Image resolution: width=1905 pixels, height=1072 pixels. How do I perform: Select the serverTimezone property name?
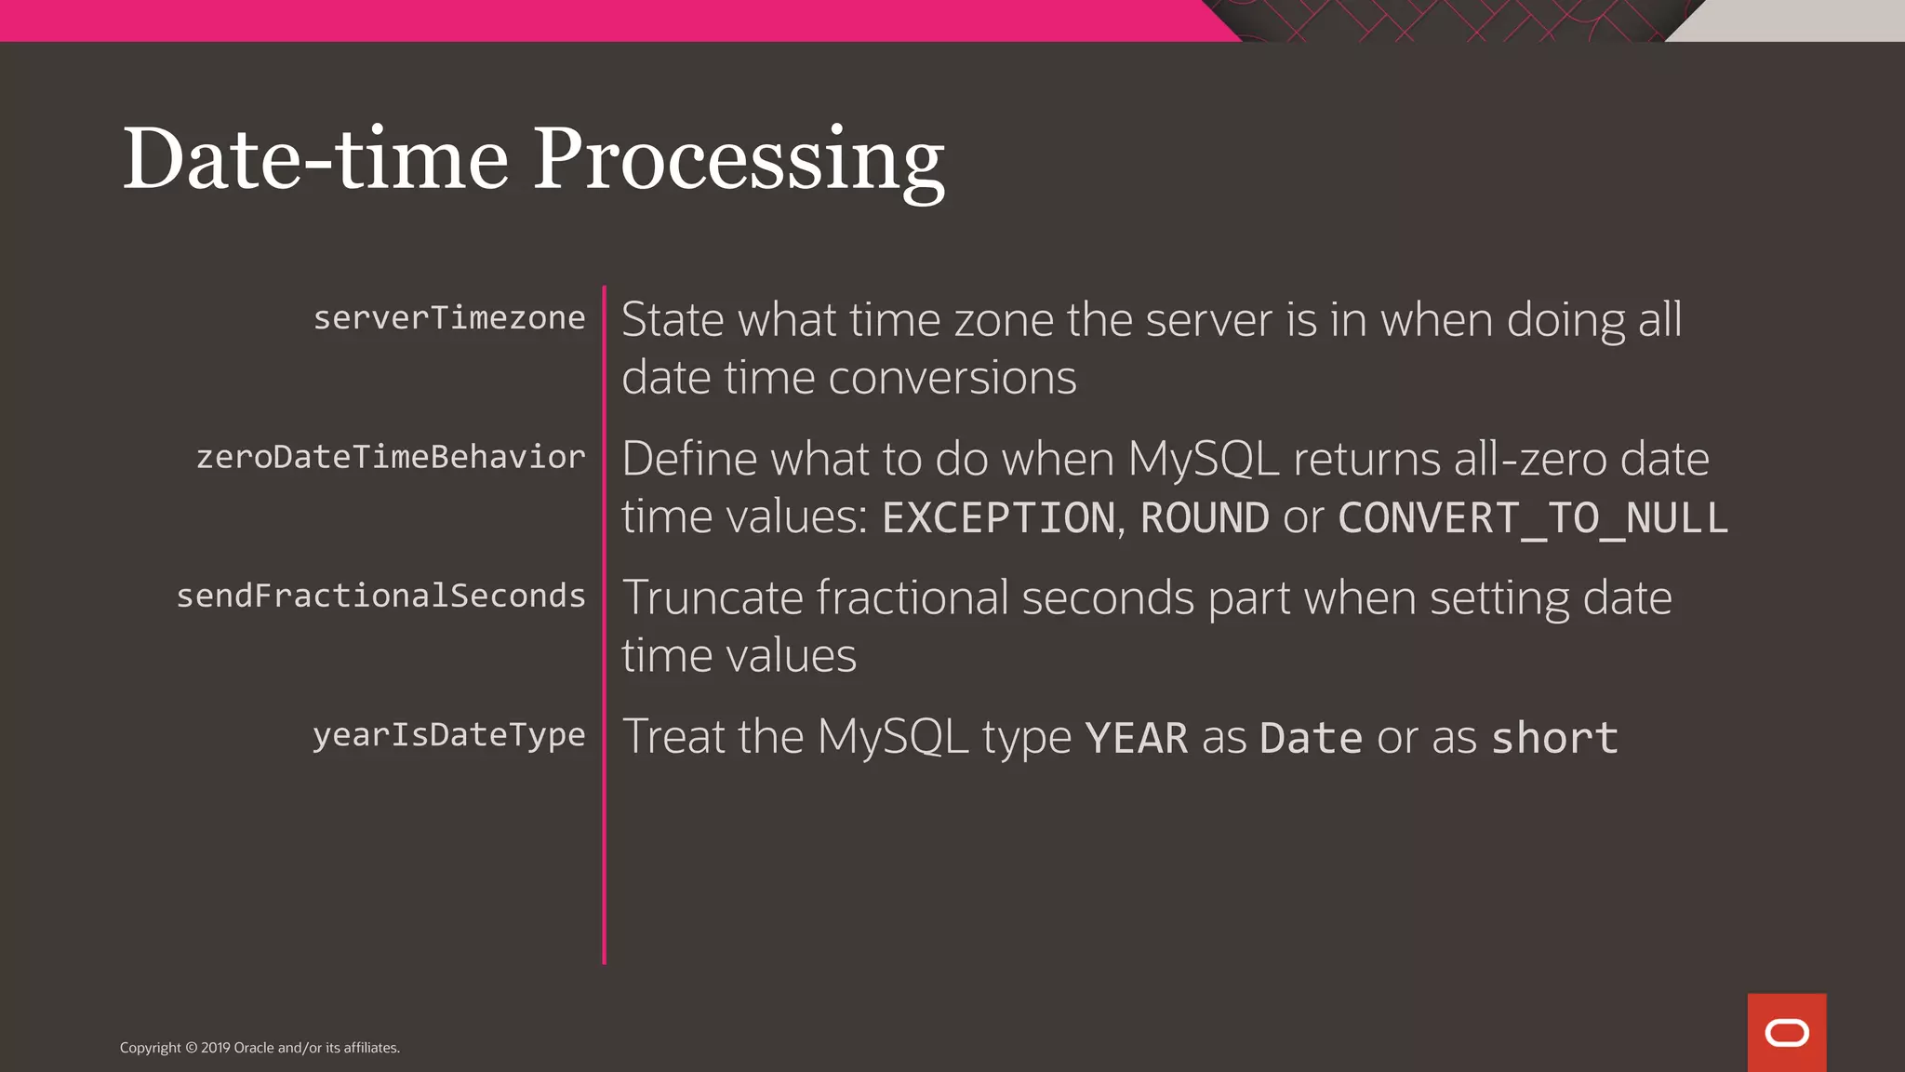click(449, 318)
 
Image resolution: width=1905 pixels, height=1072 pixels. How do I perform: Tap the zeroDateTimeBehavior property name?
click(391, 457)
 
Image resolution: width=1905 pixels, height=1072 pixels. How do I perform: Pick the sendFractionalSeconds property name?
click(380, 596)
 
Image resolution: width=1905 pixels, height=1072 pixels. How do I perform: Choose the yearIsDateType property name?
click(449, 735)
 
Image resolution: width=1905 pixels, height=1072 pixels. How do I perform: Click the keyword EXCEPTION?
click(998, 518)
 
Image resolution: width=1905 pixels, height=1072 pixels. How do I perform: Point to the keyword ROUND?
click(1205, 518)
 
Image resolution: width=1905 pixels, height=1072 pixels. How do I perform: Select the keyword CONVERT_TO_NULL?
click(1532, 518)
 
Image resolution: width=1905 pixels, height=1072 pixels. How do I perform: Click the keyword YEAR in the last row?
click(1136, 739)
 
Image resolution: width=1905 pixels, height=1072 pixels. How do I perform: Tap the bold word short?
click(1554, 739)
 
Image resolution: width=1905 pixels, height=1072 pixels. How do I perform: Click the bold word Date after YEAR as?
click(1311, 739)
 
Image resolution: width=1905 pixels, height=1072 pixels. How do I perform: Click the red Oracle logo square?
click(1786, 1032)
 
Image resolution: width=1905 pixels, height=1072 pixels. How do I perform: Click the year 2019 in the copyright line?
click(215, 1048)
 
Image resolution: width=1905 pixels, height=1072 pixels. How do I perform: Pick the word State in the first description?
click(672, 320)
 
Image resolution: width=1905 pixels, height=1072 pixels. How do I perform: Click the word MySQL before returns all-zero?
click(1203, 459)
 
